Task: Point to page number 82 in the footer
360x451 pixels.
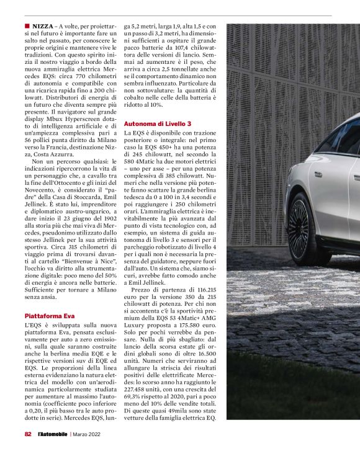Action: click(x=28, y=434)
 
